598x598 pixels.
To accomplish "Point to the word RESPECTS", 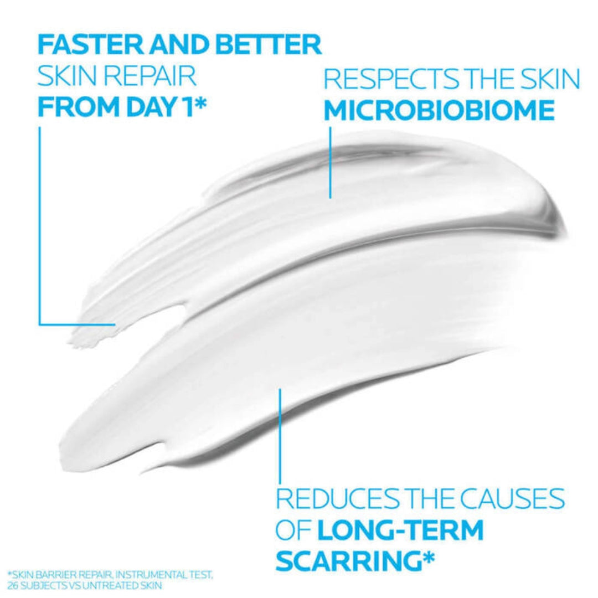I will click(384, 80).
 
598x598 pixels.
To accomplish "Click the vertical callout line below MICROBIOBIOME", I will click(330, 161).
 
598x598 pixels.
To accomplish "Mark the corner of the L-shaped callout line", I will click(40, 323).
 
